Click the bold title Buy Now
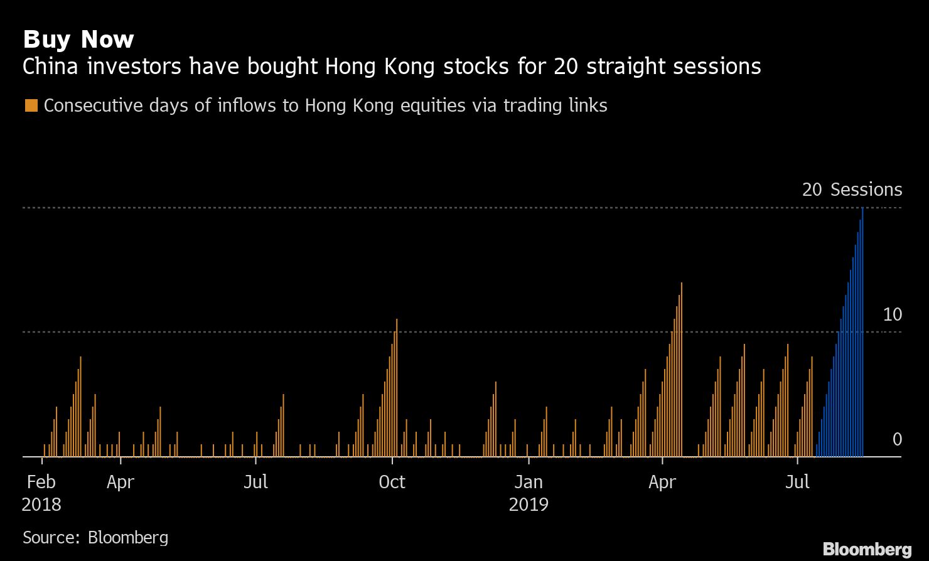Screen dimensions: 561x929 pyautogui.click(x=78, y=40)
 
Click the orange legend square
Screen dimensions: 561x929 pyautogui.click(x=31, y=105)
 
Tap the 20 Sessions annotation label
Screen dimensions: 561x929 pyautogui.click(x=852, y=190)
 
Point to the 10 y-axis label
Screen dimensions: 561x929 pyautogui.click(x=892, y=315)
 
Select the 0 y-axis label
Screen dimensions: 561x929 pyautogui.click(x=897, y=439)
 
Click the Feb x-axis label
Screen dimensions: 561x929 pyautogui.click(x=41, y=482)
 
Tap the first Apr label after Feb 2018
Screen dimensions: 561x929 pyautogui.click(x=120, y=482)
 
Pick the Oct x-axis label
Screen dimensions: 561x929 pyautogui.click(x=392, y=482)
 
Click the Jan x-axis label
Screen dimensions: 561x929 pyautogui.click(x=528, y=482)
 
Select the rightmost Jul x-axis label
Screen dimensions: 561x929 pyautogui.click(x=797, y=482)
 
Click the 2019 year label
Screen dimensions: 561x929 pyautogui.click(x=528, y=505)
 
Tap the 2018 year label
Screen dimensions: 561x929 pyautogui.click(x=41, y=505)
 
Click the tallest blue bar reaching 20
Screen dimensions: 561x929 pyautogui.click(x=862, y=333)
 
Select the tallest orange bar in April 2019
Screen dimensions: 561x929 pyautogui.click(x=681, y=370)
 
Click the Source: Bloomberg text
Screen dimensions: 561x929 pyautogui.click(x=95, y=537)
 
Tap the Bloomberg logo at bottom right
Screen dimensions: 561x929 pyautogui.click(x=867, y=548)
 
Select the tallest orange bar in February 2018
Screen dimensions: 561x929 pyautogui.click(x=80, y=407)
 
